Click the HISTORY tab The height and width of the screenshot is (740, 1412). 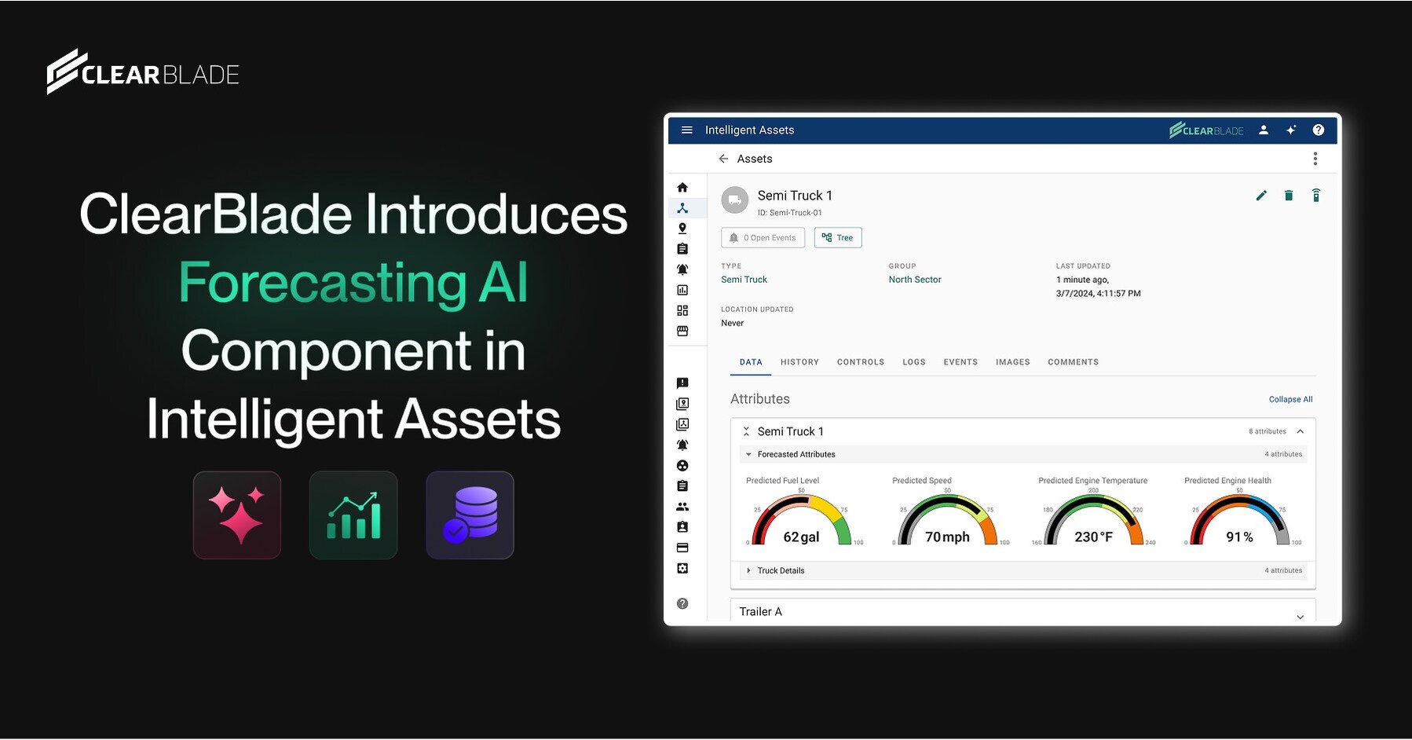pos(799,362)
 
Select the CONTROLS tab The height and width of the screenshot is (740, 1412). pos(860,362)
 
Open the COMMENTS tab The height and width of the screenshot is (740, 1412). pos(1073,362)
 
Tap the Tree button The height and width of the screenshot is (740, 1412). pos(838,238)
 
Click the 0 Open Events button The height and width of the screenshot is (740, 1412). pos(763,238)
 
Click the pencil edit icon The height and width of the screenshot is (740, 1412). pos(1261,196)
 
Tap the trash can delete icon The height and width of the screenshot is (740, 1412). pos(1289,196)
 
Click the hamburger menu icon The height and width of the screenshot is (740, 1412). pos(687,130)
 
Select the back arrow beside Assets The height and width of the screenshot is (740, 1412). pos(723,159)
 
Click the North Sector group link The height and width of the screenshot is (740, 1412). pos(914,280)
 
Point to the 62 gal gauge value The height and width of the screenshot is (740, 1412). pos(801,537)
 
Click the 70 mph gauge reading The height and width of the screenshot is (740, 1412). pos(947,537)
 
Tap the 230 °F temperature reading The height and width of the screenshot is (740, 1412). pos(1093,537)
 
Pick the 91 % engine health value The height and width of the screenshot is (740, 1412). pos(1239,537)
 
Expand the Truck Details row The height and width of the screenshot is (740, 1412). pos(781,571)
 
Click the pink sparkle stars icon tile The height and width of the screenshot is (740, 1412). pos(237,515)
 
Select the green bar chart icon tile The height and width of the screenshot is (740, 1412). pos(353,515)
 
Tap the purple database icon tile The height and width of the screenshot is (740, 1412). pos(470,515)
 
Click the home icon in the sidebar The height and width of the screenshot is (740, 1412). pos(682,188)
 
